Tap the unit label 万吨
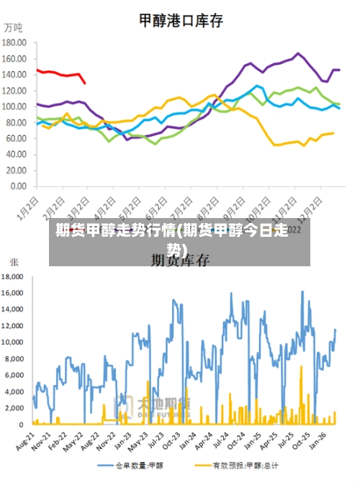pyautogui.click(x=14, y=28)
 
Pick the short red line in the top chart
pyautogui.click(x=61, y=73)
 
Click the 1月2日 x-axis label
pyautogui.click(x=27, y=204)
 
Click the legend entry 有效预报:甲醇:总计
pyautogui.click(x=245, y=466)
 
